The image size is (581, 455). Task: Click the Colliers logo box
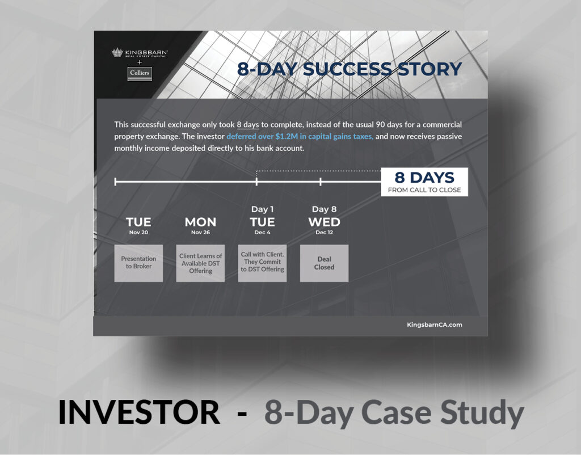coord(140,73)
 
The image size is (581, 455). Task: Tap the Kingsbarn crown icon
coord(117,52)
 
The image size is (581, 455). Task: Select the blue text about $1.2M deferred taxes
coord(300,136)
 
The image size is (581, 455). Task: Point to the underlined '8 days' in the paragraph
coord(248,124)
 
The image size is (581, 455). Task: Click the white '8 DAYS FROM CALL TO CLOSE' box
coord(424,182)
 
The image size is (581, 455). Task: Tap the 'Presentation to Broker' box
coord(138,263)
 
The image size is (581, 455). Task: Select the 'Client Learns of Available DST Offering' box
coord(200,263)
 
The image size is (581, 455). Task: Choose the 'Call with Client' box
coord(262,263)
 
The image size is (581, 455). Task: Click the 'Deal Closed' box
coord(324,263)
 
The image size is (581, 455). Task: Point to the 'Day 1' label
coord(262,209)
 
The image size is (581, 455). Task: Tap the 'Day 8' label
coord(324,209)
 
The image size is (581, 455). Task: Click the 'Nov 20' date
coord(138,232)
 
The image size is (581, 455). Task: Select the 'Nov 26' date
coord(200,232)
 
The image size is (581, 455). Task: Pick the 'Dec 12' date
coord(324,232)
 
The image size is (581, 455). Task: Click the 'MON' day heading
coord(200,222)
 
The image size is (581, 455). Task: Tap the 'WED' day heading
coord(324,222)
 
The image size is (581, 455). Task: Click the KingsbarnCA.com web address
coord(435,325)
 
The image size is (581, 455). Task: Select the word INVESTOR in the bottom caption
coord(140,412)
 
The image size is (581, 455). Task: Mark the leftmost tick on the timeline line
coord(116,182)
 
